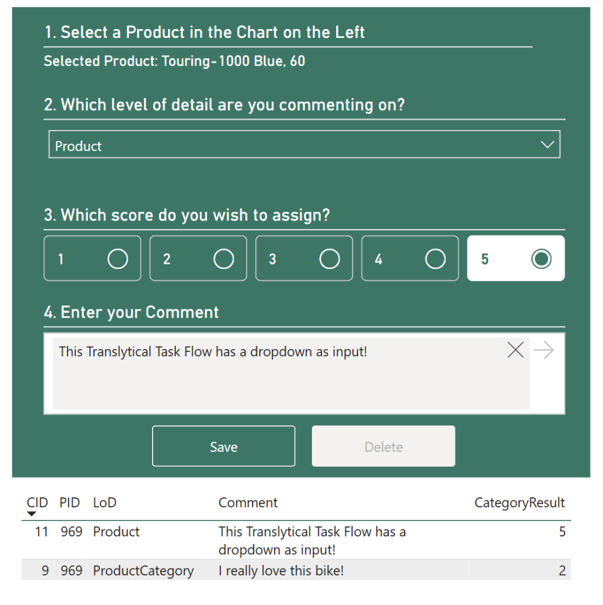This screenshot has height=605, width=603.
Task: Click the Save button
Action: pyautogui.click(x=223, y=447)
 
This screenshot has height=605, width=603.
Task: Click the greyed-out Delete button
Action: pyautogui.click(x=383, y=447)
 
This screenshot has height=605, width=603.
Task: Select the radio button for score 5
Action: pyautogui.click(x=541, y=258)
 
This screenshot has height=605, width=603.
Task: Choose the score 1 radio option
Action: pyautogui.click(x=117, y=258)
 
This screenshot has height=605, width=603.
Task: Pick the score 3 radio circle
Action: pyautogui.click(x=329, y=258)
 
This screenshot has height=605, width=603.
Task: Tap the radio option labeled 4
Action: pyautogui.click(x=435, y=258)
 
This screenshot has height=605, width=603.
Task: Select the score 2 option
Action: pyautogui.click(x=223, y=258)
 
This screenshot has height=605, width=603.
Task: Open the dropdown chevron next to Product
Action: pyautogui.click(x=547, y=145)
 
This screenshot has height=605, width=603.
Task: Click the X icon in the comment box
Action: pyautogui.click(x=515, y=350)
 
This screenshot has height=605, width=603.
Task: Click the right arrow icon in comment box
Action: pyautogui.click(x=543, y=350)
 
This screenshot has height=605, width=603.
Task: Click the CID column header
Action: pyautogui.click(x=37, y=503)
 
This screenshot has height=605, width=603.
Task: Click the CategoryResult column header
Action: pyautogui.click(x=520, y=503)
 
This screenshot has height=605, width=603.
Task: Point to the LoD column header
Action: pyautogui.click(x=105, y=503)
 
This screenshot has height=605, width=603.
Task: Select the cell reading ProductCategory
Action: pyautogui.click(x=143, y=571)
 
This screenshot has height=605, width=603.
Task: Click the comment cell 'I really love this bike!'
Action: pyautogui.click(x=281, y=571)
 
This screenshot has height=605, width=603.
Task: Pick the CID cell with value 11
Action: pyautogui.click(x=41, y=532)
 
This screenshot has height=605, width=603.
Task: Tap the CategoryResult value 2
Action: pyautogui.click(x=562, y=571)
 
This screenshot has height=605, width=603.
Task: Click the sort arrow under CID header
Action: pyautogui.click(x=32, y=515)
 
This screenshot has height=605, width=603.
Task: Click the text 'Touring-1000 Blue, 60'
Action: pyautogui.click(x=233, y=61)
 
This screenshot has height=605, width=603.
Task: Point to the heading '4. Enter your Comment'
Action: pyautogui.click(x=131, y=312)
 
